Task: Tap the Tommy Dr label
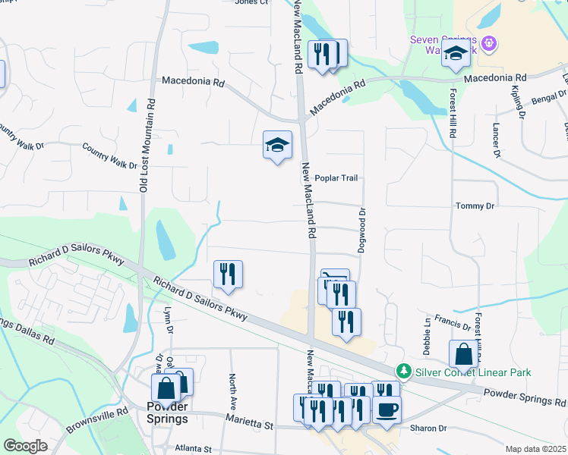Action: (475, 206)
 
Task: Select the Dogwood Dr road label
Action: (362, 232)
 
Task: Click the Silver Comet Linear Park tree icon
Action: (403, 372)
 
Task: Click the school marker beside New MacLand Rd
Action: (277, 144)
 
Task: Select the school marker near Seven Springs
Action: (456, 55)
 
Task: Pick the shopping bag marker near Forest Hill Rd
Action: (462, 354)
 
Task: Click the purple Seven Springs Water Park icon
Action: (488, 43)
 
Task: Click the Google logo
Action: (25, 446)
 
